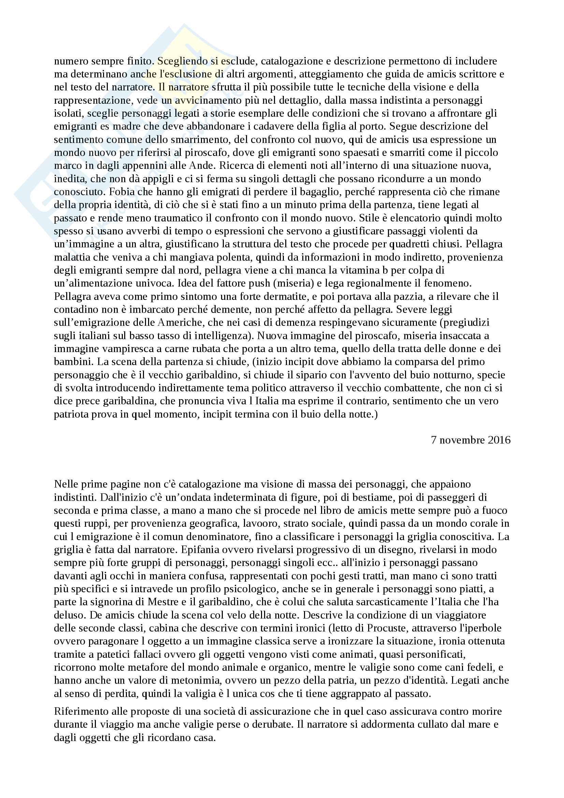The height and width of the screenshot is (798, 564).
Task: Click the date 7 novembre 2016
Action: [x=471, y=440]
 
